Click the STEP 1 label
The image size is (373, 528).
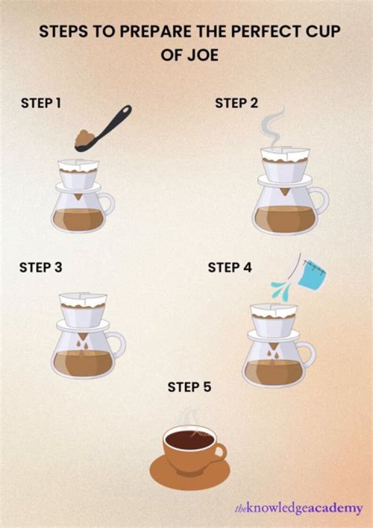(x=41, y=103)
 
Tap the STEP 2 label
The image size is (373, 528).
(x=236, y=103)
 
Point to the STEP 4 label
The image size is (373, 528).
(x=229, y=268)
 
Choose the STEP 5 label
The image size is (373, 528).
(x=190, y=387)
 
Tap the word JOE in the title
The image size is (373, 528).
(x=203, y=55)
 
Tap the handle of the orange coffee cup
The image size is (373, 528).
(x=220, y=451)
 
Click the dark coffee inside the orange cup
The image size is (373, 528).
(x=189, y=441)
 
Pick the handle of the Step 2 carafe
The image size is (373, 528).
(x=321, y=199)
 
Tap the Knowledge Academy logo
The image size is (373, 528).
(x=298, y=508)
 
